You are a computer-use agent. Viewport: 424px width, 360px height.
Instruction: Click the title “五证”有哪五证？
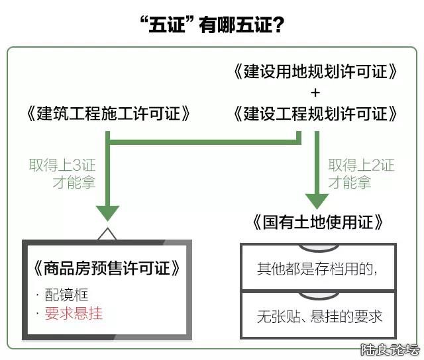click(x=212, y=24)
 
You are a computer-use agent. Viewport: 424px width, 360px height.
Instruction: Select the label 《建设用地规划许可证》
click(x=315, y=71)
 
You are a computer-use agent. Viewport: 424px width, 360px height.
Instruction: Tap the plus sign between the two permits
click(x=315, y=92)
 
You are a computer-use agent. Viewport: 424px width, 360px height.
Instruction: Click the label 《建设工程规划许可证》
click(x=315, y=114)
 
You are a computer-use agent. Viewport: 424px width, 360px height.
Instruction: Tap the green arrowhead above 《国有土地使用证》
click(x=317, y=200)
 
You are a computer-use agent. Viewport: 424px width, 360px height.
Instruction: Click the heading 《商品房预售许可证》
click(x=107, y=269)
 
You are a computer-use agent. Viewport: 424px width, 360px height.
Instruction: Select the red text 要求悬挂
click(x=73, y=313)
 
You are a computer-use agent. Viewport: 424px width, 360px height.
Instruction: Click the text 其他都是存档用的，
click(x=317, y=269)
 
